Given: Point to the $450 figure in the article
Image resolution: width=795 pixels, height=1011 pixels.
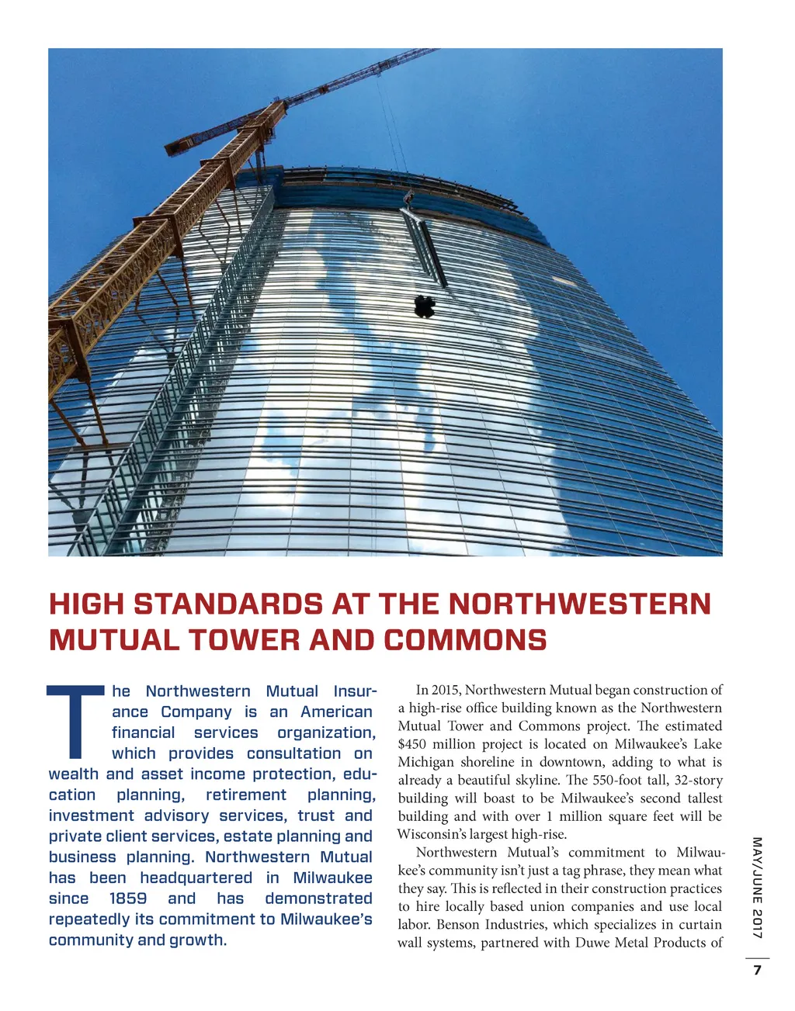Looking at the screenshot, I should [x=413, y=744].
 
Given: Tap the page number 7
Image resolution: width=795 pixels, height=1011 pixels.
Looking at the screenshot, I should [x=757, y=971].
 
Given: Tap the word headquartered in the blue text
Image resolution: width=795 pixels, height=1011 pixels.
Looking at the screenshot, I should [x=196, y=878].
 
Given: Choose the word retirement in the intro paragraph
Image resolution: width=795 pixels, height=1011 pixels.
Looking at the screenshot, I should [x=246, y=795].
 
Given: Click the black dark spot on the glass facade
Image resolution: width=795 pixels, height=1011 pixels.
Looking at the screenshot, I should [x=424, y=306].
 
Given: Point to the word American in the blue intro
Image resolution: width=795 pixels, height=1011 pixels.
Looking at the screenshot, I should [x=336, y=712].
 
